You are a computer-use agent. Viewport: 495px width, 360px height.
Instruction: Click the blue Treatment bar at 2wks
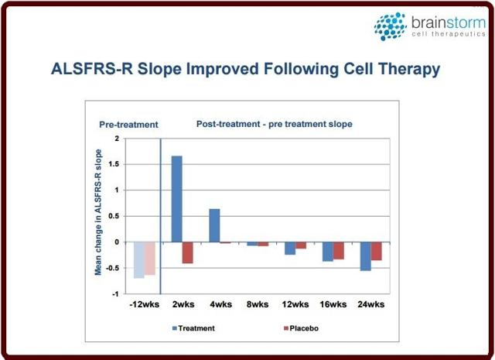pos(177,199)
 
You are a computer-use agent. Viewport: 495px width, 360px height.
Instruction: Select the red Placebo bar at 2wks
pos(187,253)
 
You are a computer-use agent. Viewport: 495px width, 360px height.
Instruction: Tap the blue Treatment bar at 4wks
pos(215,225)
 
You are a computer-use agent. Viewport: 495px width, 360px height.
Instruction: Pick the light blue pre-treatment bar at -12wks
pos(139,260)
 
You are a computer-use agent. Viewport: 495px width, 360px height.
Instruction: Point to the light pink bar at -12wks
pos(150,259)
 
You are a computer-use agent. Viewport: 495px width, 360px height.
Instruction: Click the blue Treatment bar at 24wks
pos(366,256)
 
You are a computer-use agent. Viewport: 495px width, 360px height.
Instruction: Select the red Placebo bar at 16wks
pos(339,251)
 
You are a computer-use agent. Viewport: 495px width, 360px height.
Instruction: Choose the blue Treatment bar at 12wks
pos(290,249)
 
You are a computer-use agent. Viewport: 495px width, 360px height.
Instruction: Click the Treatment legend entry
pos(193,328)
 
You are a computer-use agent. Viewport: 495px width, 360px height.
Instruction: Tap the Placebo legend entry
pos(302,328)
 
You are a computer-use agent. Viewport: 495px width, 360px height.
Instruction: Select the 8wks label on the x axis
pos(258,304)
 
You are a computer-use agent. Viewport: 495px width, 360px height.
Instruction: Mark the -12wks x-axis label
pos(145,304)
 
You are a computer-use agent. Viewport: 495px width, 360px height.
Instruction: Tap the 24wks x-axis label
pos(371,304)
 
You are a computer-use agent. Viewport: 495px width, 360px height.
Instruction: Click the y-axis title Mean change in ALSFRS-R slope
pos(98,212)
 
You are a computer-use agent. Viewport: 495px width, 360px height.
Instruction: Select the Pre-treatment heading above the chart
pos(128,125)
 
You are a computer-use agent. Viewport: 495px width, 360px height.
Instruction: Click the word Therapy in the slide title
pos(409,69)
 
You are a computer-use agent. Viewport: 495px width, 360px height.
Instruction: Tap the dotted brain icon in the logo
pos(390,26)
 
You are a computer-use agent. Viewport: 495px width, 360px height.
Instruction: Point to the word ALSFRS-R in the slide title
pos(92,69)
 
